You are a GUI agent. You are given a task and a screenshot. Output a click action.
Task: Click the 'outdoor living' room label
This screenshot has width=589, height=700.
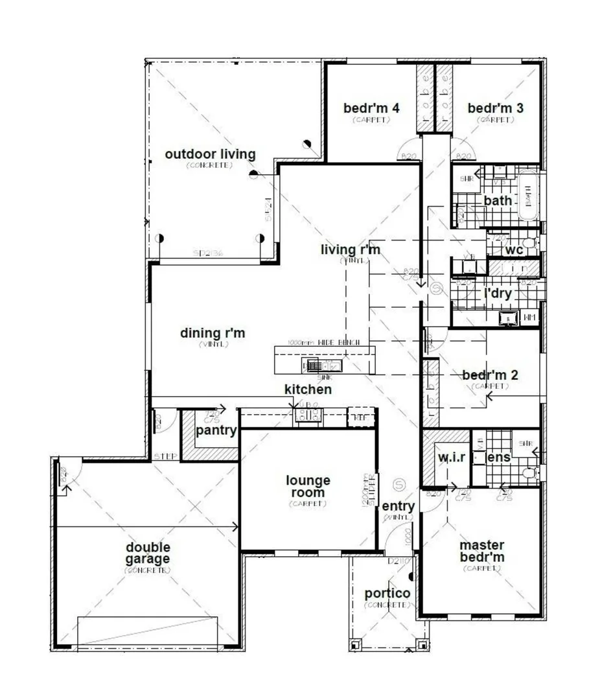point(210,154)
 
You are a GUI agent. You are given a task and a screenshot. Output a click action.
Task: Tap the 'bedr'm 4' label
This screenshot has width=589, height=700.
point(371,108)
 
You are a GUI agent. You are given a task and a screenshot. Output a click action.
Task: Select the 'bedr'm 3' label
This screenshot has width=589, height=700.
point(495,108)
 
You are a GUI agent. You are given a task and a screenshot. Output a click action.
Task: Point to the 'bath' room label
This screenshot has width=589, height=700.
point(498,200)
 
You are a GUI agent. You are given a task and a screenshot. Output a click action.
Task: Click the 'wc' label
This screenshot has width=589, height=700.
point(514,250)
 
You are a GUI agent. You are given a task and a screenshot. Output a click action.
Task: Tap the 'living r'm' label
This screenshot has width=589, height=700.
point(351,250)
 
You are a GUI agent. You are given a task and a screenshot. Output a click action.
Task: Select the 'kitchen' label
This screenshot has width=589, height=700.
point(308,389)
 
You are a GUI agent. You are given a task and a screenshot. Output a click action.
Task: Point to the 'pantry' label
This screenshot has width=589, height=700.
point(216,430)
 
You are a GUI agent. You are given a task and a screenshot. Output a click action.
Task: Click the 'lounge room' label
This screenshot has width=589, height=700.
point(308,486)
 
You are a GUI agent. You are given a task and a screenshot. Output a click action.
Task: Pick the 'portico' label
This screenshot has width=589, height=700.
point(387,593)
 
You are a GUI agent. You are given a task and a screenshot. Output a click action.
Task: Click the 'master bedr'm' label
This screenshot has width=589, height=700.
point(482,551)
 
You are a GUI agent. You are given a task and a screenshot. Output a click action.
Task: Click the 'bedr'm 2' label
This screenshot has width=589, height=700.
point(490,375)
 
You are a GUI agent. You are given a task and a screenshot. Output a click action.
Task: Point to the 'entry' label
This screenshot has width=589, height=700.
point(398,506)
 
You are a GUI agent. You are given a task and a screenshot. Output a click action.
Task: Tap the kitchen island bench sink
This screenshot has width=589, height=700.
point(320,366)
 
